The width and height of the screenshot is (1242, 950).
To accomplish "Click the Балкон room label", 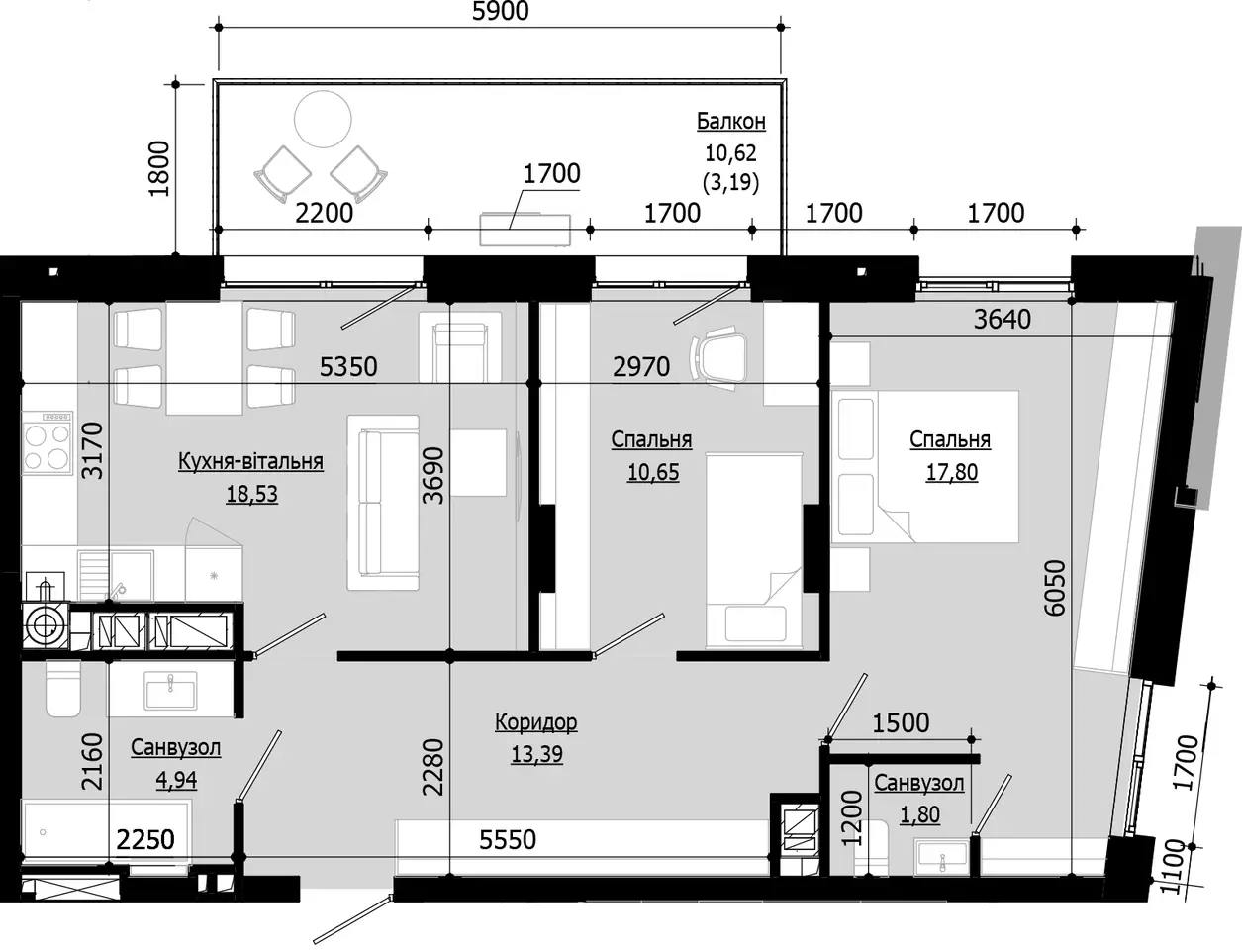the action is [x=731, y=121].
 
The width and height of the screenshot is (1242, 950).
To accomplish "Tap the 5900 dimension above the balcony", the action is [x=501, y=11].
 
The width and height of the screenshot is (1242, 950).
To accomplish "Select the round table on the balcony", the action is [x=323, y=119].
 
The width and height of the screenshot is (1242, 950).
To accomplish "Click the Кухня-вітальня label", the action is [x=250, y=462].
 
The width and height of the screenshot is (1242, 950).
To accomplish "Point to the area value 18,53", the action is [x=251, y=494].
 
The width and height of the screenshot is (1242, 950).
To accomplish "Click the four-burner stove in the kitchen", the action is [x=48, y=443].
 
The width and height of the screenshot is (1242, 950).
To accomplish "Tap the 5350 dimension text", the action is [x=348, y=367].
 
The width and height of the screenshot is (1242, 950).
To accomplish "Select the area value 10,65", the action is [x=653, y=472].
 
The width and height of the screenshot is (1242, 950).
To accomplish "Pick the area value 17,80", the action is [x=952, y=472].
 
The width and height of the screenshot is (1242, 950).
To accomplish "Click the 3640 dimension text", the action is [x=1003, y=320].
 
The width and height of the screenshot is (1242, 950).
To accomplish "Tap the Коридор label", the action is [x=536, y=722].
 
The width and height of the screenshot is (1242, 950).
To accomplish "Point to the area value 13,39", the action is [x=537, y=754].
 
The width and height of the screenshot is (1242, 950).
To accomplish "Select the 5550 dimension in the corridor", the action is [x=508, y=840].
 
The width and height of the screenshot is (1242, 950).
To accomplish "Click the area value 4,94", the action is [x=176, y=780].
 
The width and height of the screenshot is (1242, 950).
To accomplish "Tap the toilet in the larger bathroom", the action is [x=62, y=689].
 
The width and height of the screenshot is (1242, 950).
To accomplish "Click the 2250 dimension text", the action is [x=145, y=840].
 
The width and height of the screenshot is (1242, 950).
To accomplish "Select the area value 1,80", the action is [x=920, y=814].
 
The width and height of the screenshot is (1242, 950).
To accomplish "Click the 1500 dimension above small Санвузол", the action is [x=901, y=723].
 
